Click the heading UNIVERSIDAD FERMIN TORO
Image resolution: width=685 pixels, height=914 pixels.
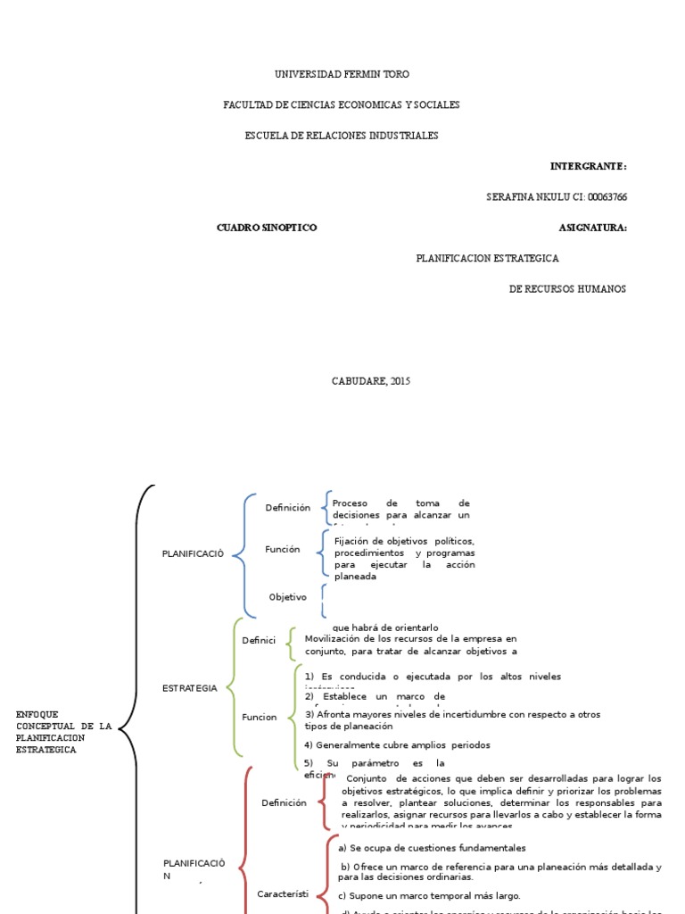click(342, 74)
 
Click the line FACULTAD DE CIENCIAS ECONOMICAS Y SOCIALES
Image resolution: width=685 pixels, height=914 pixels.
click(342, 105)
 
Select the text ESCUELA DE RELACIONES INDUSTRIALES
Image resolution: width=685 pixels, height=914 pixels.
click(342, 136)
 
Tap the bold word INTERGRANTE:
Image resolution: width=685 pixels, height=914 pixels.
click(588, 166)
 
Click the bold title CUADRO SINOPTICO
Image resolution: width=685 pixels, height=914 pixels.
click(267, 228)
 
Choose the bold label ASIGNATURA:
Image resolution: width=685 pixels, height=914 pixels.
click(592, 228)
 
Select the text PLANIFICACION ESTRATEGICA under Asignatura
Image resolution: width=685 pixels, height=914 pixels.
click(487, 258)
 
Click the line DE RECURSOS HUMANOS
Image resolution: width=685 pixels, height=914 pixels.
click(567, 289)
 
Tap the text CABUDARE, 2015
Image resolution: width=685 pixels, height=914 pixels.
click(371, 381)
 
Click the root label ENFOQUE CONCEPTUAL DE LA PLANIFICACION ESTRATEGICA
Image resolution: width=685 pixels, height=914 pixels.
click(63, 732)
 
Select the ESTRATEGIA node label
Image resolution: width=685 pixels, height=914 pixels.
click(190, 688)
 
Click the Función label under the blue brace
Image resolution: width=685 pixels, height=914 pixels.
click(282, 549)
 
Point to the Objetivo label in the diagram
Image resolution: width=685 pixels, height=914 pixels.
click(287, 596)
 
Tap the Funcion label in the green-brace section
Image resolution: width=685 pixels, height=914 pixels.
click(260, 717)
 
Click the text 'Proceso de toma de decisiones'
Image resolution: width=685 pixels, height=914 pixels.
click(400, 509)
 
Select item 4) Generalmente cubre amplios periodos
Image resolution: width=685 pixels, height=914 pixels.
click(397, 744)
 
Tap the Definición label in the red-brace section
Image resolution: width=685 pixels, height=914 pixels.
click(284, 802)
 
